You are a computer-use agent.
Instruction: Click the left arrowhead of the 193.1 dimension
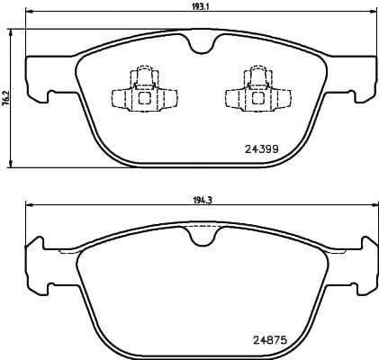coord(27,13)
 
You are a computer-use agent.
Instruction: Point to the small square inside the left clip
coord(142,97)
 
